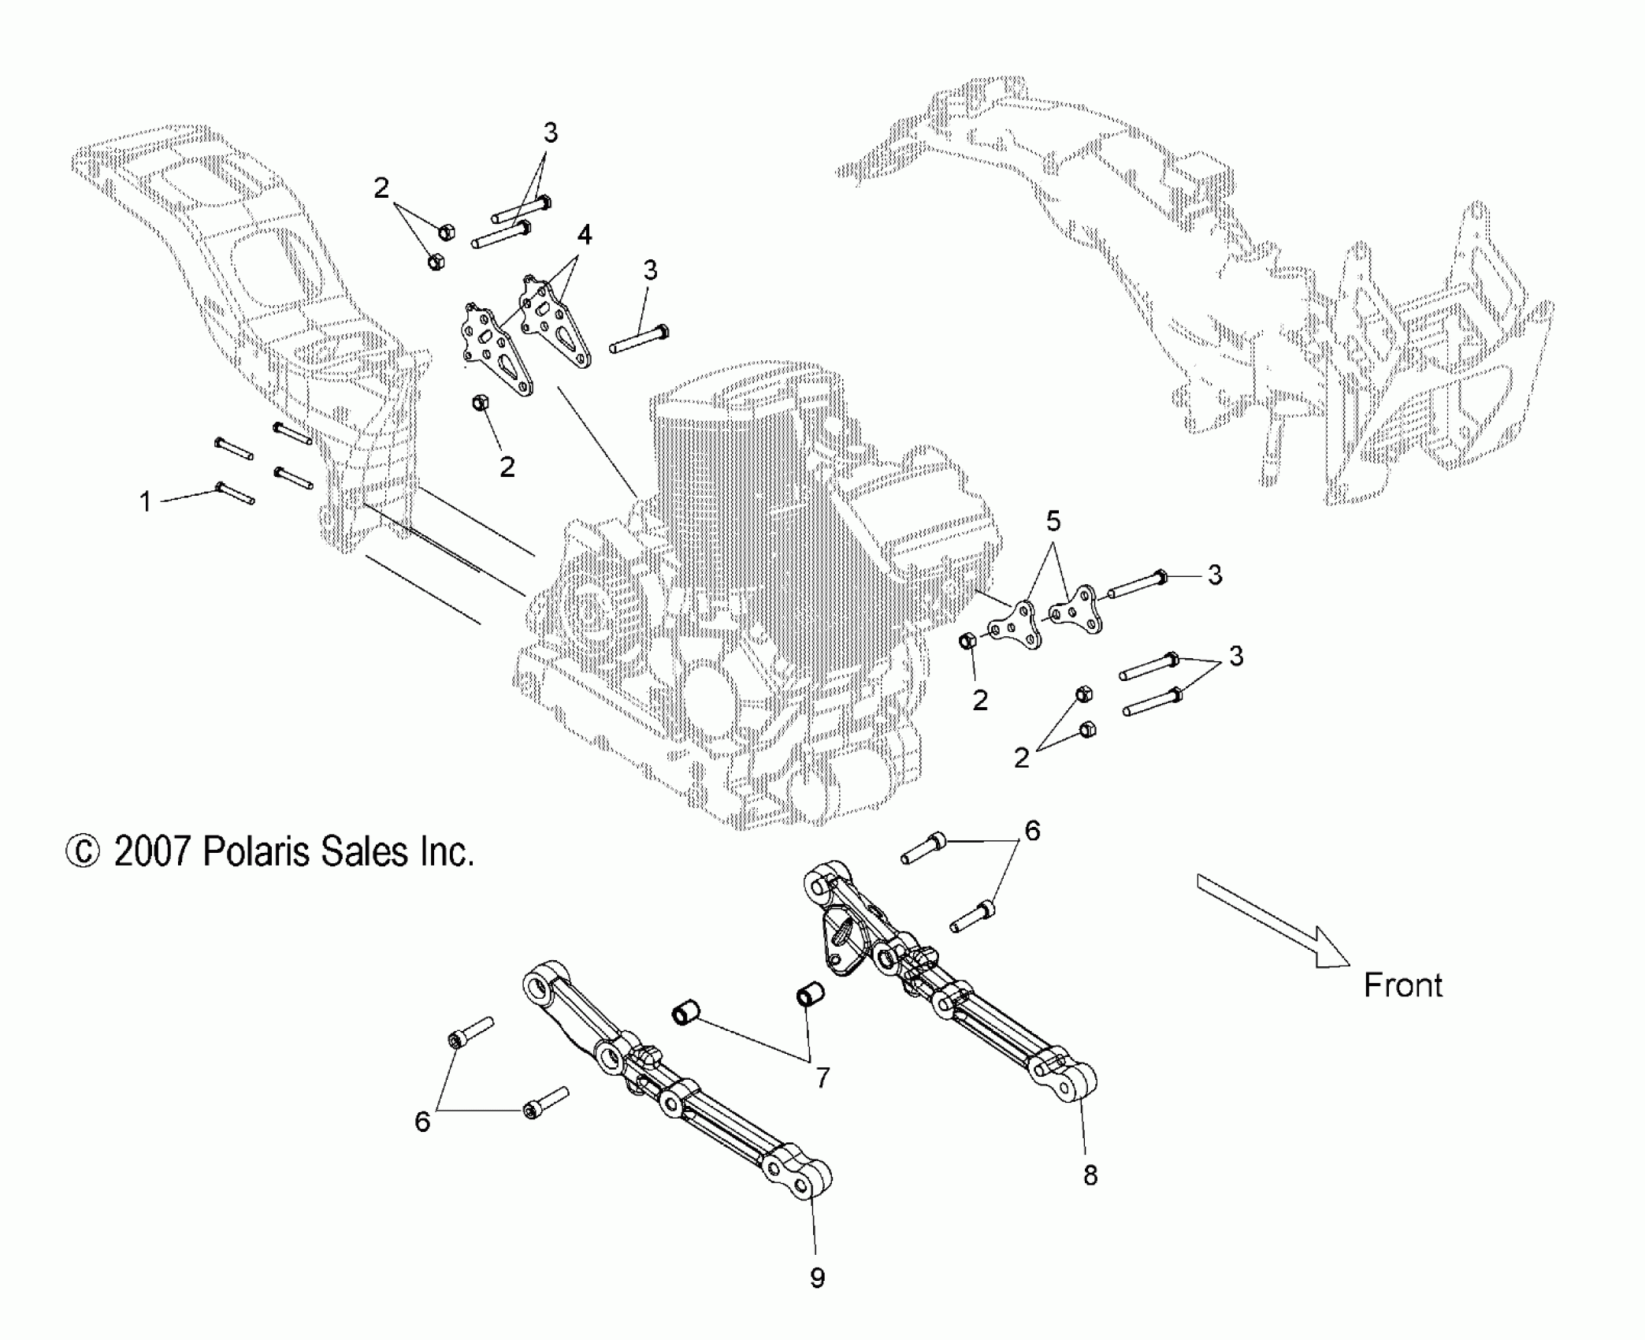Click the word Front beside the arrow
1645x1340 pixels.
(1402, 986)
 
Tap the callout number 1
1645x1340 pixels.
(145, 502)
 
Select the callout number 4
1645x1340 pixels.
(584, 235)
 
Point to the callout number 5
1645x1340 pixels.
(1053, 521)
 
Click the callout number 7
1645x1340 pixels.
(822, 1078)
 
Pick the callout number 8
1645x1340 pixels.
(1090, 1197)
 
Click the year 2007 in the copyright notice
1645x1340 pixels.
(152, 852)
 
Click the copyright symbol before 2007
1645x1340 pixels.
(82, 853)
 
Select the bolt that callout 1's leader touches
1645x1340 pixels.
(235, 493)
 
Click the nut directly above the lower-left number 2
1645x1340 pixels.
(478, 404)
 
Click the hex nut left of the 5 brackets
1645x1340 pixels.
(968, 641)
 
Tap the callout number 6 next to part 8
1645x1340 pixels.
(1032, 831)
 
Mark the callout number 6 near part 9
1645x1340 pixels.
(422, 1122)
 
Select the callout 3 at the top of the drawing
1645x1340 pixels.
(551, 134)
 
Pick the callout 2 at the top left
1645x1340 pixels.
(381, 188)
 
